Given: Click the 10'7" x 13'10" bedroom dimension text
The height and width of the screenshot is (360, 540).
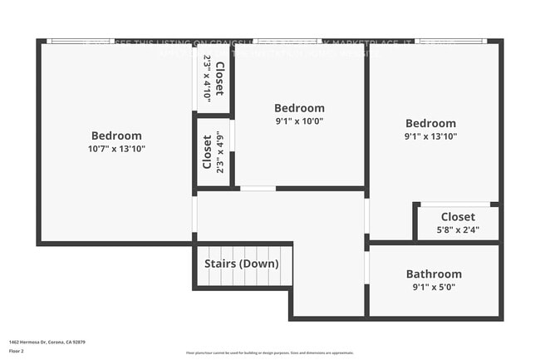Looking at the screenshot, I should click(116, 149).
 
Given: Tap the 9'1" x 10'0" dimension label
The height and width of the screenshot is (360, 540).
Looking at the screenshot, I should click(299, 121).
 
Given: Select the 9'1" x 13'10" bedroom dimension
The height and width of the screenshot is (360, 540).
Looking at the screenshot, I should click(430, 136).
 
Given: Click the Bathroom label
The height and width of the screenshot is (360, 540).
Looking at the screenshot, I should click(434, 274).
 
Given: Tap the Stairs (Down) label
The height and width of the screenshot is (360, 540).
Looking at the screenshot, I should click(242, 264).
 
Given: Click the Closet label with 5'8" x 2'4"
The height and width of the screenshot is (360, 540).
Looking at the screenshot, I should click(458, 217).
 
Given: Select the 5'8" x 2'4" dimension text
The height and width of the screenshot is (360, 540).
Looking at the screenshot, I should click(458, 230).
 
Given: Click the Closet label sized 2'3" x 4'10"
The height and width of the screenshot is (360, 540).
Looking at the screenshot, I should click(219, 77).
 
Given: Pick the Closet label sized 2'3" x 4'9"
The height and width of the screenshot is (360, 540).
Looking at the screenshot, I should click(208, 152).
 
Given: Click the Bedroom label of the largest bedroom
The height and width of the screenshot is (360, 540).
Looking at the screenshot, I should click(116, 136).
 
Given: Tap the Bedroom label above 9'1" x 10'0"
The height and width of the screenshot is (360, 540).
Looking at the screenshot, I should click(299, 108).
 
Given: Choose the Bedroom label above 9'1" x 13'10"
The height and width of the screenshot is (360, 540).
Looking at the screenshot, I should click(430, 123).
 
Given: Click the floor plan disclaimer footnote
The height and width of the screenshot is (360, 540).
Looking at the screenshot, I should click(269, 353).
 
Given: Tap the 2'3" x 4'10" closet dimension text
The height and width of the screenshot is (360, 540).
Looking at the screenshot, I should click(206, 77).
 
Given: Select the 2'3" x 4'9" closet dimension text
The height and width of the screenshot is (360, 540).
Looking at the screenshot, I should click(220, 152).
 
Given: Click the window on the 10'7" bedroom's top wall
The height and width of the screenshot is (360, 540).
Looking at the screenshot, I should click(67, 41).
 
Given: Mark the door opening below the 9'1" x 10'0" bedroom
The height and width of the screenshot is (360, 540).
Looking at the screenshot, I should click(258, 189).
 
